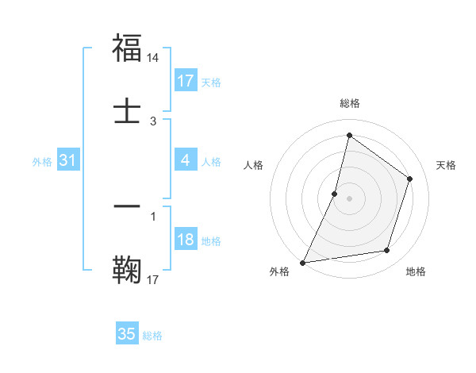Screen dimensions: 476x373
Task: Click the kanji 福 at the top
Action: pyautogui.click(x=127, y=48)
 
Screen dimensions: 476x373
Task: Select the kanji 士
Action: pyautogui.click(x=127, y=110)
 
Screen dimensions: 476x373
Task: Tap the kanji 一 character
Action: pyautogui.click(x=127, y=206)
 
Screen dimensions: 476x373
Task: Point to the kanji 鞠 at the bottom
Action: pyautogui.click(x=127, y=268)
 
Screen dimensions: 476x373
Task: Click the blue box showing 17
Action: pyautogui.click(x=185, y=81)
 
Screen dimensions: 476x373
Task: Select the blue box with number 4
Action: pyautogui.click(x=185, y=160)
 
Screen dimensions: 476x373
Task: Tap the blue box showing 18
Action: pyautogui.click(x=185, y=240)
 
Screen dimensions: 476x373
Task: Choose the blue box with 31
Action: pyautogui.click(x=67, y=160)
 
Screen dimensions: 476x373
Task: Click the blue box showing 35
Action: pyautogui.click(x=127, y=334)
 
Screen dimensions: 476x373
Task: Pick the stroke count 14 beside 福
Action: pyautogui.click(x=153, y=58)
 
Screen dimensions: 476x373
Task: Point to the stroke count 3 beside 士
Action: pyautogui.click(x=153, y=121)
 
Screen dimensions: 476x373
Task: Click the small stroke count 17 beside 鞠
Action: pyautogui.click(x=153, y=279)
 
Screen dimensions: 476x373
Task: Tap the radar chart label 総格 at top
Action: pyautogui.click(x=349, y=103)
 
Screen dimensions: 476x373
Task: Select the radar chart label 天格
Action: pyautogui.click(x=446, y=165)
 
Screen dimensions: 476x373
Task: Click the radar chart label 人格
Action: pyautogui.click(x=254, y=165)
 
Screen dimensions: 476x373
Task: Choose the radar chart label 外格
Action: pyautogui.click(x=279, y=271)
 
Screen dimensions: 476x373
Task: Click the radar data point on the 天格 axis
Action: pyautogui.click(x=410, y=179)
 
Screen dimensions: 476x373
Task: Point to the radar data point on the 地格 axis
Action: pyautogui.click(x=387, y=251)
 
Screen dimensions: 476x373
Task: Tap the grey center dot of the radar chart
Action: pyautogui.click(x=349, y=198)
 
